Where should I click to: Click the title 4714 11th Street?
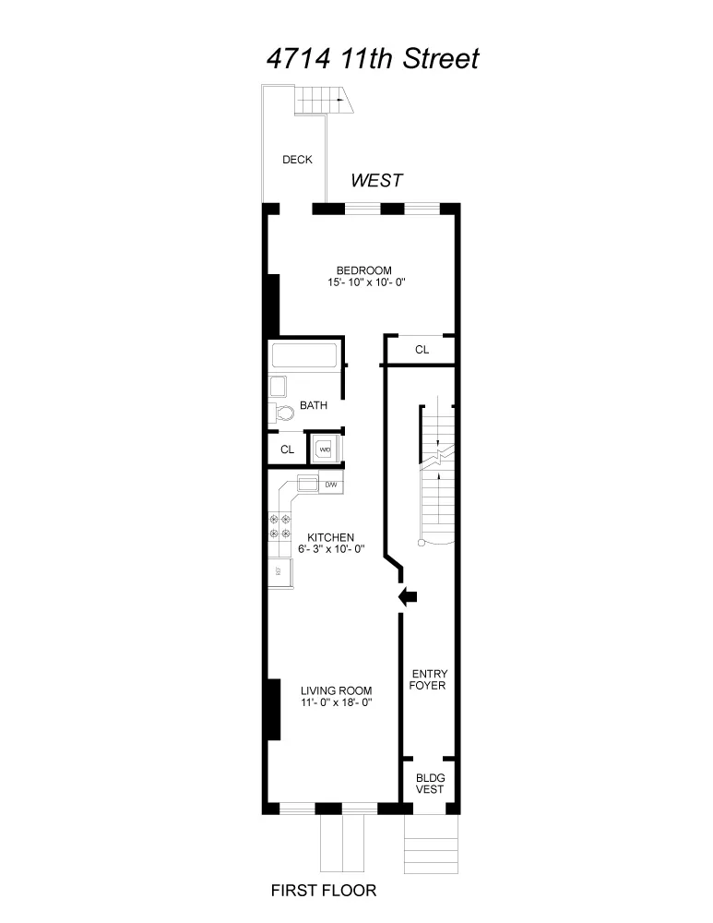373,59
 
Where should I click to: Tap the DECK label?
297,160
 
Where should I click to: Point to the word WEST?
376,181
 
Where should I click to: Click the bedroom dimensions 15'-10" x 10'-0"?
366,282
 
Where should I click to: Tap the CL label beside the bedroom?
422,350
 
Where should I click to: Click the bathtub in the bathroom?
304,355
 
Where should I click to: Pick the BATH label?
314,405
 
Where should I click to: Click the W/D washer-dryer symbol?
325,450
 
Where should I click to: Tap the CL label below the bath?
287,450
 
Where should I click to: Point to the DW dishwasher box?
331,484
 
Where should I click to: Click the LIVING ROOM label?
337,690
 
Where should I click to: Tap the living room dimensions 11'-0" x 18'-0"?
336,702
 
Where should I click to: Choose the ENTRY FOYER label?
428,679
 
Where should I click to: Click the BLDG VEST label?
429,783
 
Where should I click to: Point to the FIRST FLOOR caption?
323,891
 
